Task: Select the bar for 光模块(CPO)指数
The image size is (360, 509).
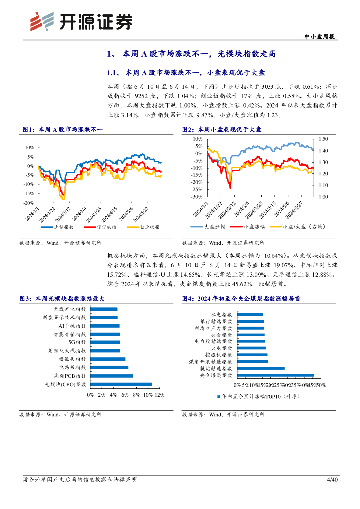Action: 121,384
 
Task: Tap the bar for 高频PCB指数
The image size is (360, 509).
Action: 112,376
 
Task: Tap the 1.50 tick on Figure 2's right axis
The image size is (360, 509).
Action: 324,139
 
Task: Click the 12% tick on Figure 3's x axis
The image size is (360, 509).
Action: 159,395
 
